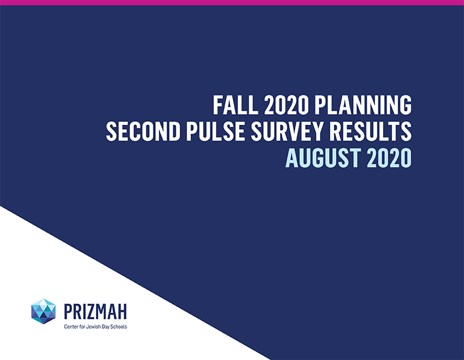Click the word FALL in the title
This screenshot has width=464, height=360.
coord(235,105)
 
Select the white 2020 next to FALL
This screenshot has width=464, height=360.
coord(286,105)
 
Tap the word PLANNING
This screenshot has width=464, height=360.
coord(363,105)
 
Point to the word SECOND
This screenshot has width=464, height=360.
coord(143,131)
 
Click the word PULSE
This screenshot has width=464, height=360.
coord(215,131)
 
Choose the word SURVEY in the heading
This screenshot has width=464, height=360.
coord(287,131)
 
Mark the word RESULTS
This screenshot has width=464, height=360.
coord(370,131)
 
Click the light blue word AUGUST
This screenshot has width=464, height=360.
coord(323,158)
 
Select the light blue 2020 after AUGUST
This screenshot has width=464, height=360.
coord(389,158)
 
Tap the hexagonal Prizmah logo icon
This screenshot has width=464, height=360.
coord(44,311)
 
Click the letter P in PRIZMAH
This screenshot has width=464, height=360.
coord(69,311)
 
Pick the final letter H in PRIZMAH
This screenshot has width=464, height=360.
coord(122,311)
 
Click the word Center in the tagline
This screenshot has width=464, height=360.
coord(70,327)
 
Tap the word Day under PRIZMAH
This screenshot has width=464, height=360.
coord(104,327)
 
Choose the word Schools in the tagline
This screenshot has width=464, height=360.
coord(118,327)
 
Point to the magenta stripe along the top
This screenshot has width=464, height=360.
coord(232,2)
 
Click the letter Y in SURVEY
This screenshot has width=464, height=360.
coord(317,131)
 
